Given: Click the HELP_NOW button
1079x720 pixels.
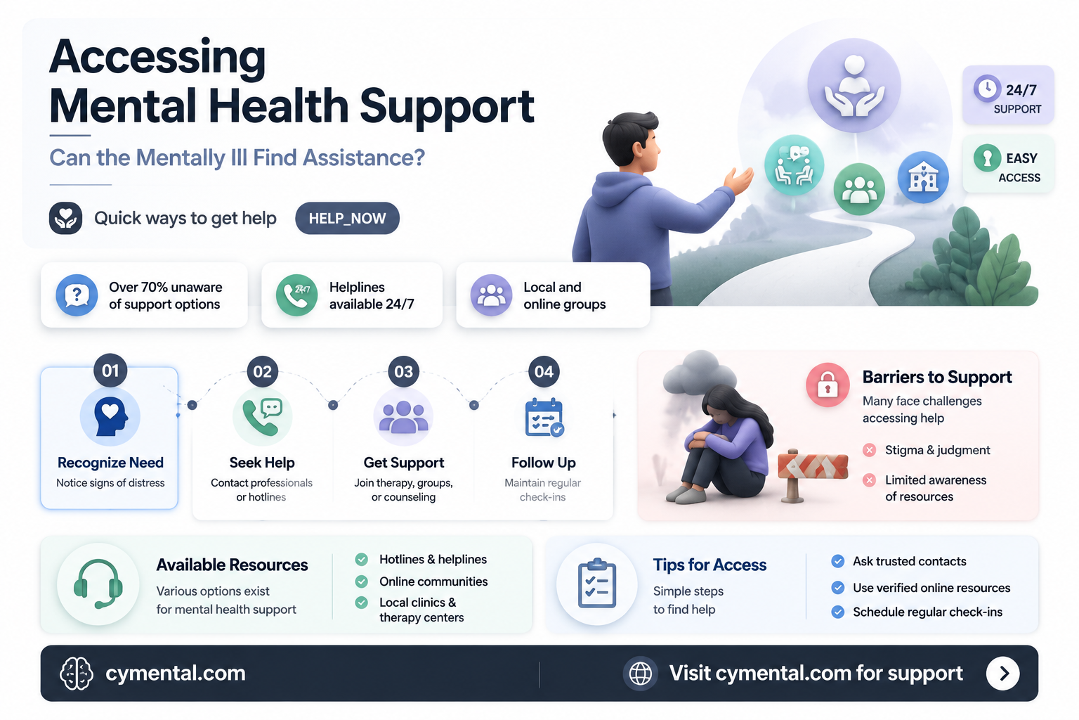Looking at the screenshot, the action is tap(347, 218).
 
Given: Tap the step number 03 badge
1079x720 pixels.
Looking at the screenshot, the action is tap(403, 371).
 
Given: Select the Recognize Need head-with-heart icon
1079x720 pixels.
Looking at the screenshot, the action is tap(110, 416).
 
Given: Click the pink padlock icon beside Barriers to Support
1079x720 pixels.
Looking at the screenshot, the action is tap(828, 385).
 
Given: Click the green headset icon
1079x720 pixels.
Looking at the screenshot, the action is tap(98, 584).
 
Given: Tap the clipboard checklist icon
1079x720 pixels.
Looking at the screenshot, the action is tap(597, 584).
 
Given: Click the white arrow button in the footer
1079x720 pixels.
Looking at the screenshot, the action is tap(1003, 673).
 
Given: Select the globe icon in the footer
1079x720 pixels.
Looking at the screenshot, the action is tap(640, 673).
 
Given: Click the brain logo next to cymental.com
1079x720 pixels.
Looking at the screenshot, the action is tap(76, 673).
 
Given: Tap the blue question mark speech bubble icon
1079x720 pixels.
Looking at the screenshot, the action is tap(77, 295).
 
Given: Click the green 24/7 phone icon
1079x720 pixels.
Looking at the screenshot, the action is tap(296, 295).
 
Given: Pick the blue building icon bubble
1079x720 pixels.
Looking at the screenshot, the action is tap(923, 177).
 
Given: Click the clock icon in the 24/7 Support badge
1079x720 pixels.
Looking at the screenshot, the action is tap(987, 89).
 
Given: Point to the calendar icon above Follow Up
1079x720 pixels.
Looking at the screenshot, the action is tap(544, 417).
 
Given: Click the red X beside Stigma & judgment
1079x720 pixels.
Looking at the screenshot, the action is tap(869, 450).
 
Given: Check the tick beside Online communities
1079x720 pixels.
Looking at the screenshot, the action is tap(361, 581).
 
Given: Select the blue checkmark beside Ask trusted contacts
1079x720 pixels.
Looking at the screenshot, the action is tap(837, 561).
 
